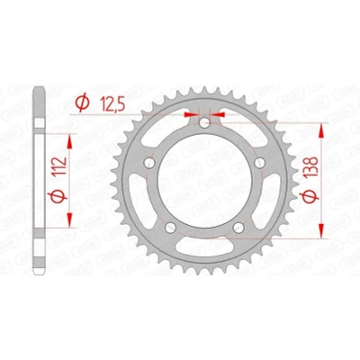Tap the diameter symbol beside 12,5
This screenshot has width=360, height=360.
coord(82,103)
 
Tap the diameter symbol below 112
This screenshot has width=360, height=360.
coord(58,196)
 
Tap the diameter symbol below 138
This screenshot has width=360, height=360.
coord(310,196)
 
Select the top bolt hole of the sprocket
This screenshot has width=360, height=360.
coord(204,122)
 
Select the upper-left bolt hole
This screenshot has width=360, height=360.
coord(149,163)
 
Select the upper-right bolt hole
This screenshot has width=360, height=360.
coord(260,163)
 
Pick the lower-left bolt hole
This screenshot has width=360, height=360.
coord(170,228)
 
